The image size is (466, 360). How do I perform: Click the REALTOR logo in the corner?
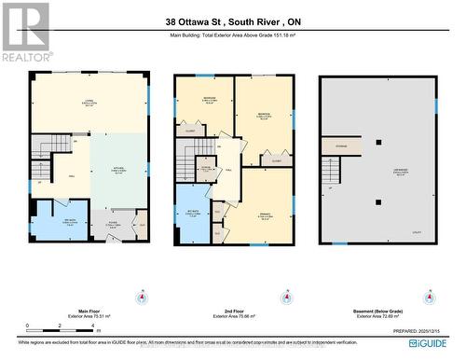(25, 31)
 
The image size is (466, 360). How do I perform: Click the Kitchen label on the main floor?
(119, 171)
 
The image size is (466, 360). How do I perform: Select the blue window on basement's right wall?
(435, 104)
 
